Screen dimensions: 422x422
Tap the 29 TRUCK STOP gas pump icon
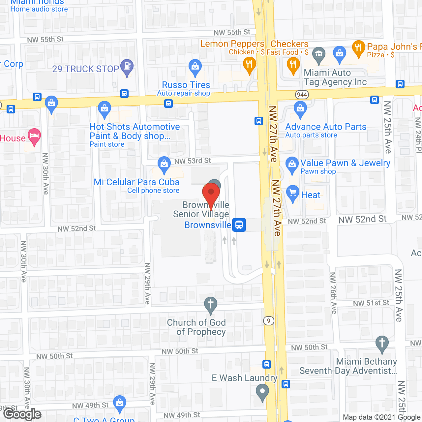click(x=127, y=67)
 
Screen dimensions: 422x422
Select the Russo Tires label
click(x=186, y=85)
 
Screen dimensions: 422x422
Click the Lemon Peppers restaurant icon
click(x=249, y=65)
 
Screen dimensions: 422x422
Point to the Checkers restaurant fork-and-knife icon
click(x=293, y=65)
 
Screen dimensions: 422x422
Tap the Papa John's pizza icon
click(x=358, y=48)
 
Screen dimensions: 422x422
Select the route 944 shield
click(x=302, y=95)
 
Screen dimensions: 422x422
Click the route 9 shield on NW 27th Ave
click(x=269, y=320)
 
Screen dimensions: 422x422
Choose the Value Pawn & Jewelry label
click(x=345, y=163)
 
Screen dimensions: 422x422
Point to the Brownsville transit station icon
click(x=239, y=225)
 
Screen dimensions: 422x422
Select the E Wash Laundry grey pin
click(x=262, y=392)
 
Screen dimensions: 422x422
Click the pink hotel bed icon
click(x=34, y=136)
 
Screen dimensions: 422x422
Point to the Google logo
click(x=22, y=414)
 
